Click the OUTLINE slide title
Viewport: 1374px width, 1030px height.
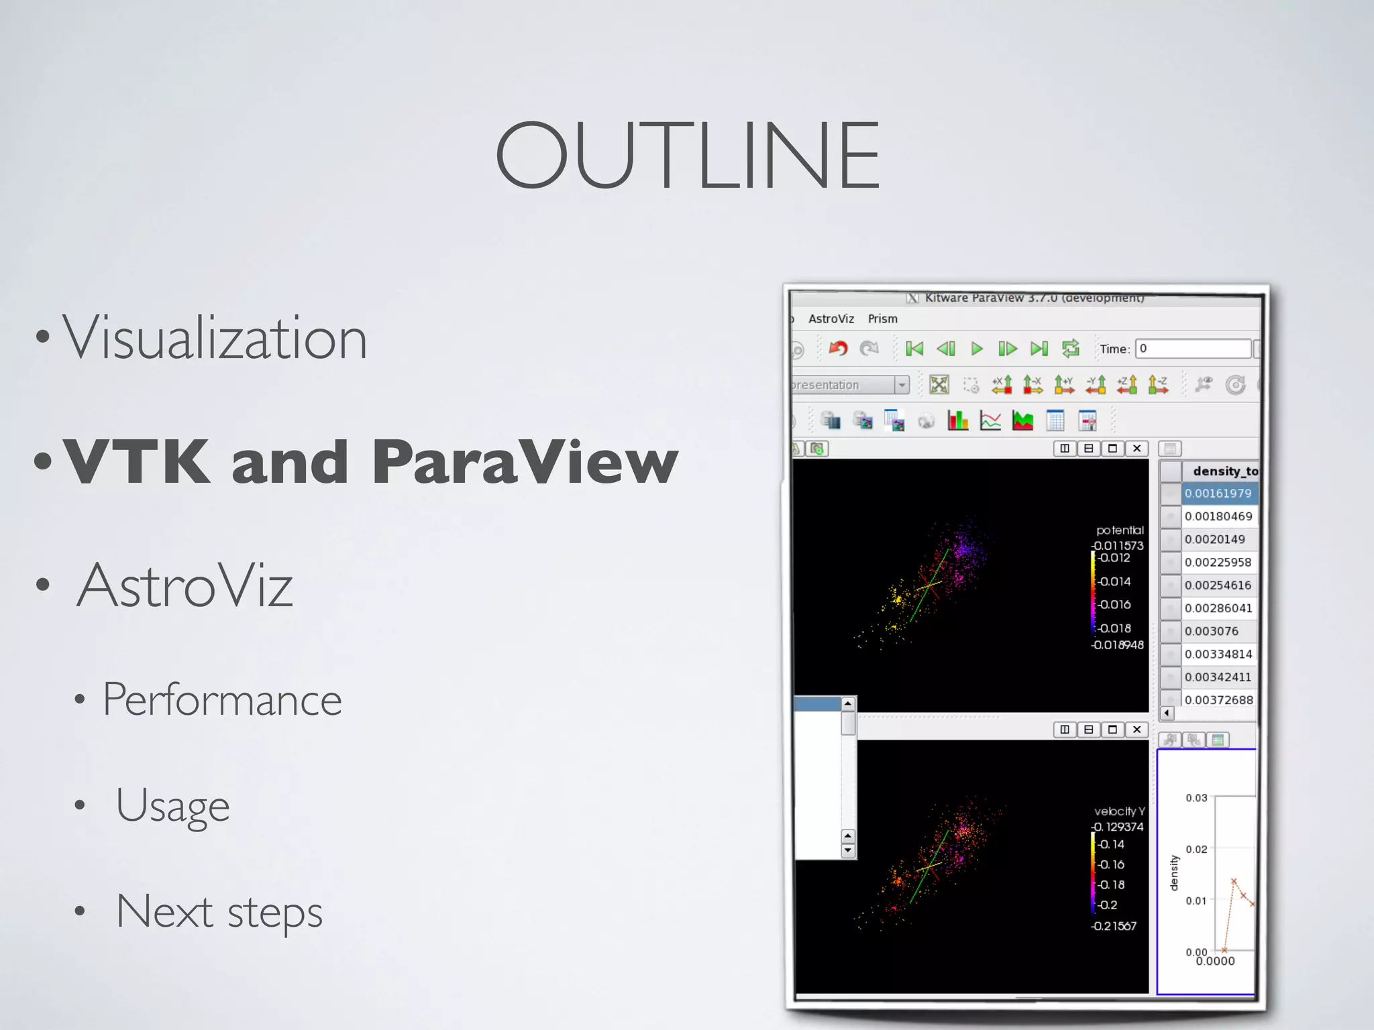coord(687,156)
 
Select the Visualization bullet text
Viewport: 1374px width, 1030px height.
coord(215,338)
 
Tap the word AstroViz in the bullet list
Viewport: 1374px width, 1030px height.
coord(185,585)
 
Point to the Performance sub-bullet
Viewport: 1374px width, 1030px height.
coord(222,699)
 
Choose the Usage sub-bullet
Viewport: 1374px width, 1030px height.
coord(172,805)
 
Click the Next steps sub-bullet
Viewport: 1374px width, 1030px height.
coord(219,911)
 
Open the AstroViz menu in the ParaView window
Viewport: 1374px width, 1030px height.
coord(831,319)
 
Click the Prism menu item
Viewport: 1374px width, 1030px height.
coord(882,319)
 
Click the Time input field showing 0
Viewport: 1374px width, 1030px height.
coord(1193,349)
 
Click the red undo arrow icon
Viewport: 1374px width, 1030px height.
coord(838,348)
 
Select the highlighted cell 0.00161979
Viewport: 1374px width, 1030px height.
coord(1218,494)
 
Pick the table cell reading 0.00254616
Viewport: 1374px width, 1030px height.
coord(1218,585)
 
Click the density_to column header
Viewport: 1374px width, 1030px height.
coord(1224,471)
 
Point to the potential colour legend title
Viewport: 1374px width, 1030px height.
coord(1120,530)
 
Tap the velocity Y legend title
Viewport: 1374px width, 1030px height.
coord(1119,811)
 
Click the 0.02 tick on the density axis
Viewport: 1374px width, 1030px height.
coord(1196,850)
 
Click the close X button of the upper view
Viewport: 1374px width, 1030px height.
coord(1137,449)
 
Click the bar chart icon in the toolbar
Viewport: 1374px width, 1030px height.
coord(957,421)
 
